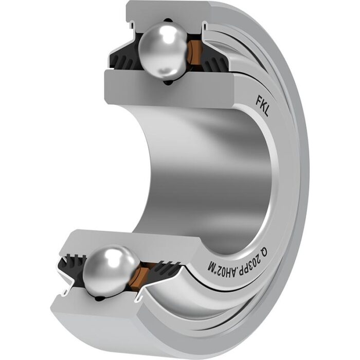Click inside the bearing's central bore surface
coord(206,170)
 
